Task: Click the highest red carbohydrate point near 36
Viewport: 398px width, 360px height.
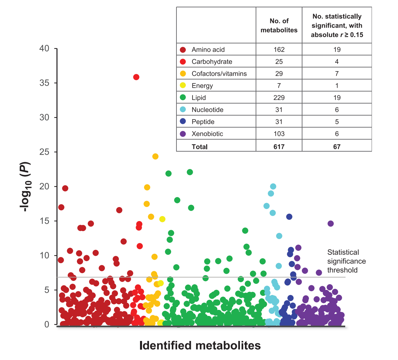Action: [136, 77]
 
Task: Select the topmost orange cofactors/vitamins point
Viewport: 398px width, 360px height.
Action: [155, 156]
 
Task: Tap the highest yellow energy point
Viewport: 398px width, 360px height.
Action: [162, 219]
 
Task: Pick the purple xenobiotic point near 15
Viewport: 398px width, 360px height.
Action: [330, 223]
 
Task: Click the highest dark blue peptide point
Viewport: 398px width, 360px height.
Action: [289, 217]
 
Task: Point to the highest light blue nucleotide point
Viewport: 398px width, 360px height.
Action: [273, 186]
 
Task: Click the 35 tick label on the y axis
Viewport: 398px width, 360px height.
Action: [44, 83]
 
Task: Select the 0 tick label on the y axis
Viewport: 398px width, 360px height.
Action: [47, 324]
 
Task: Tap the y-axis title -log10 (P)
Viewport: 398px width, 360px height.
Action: [26, 187]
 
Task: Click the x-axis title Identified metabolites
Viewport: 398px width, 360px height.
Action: [200, 345]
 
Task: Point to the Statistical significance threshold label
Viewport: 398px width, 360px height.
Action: [347, 261]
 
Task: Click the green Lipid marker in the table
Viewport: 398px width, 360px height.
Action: [183, 98]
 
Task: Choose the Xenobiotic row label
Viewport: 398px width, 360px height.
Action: [207, 134]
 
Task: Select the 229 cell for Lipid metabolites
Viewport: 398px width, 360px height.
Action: [279, 98]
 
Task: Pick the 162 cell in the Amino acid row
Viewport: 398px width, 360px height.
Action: [279, 49]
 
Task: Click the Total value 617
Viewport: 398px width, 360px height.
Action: [279, 147]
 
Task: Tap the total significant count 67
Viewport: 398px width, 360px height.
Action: [337, 147]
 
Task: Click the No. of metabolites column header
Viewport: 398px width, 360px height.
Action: [279, 25]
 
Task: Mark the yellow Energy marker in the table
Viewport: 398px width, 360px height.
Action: [183, 85]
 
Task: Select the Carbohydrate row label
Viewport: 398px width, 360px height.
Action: [212, 61]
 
